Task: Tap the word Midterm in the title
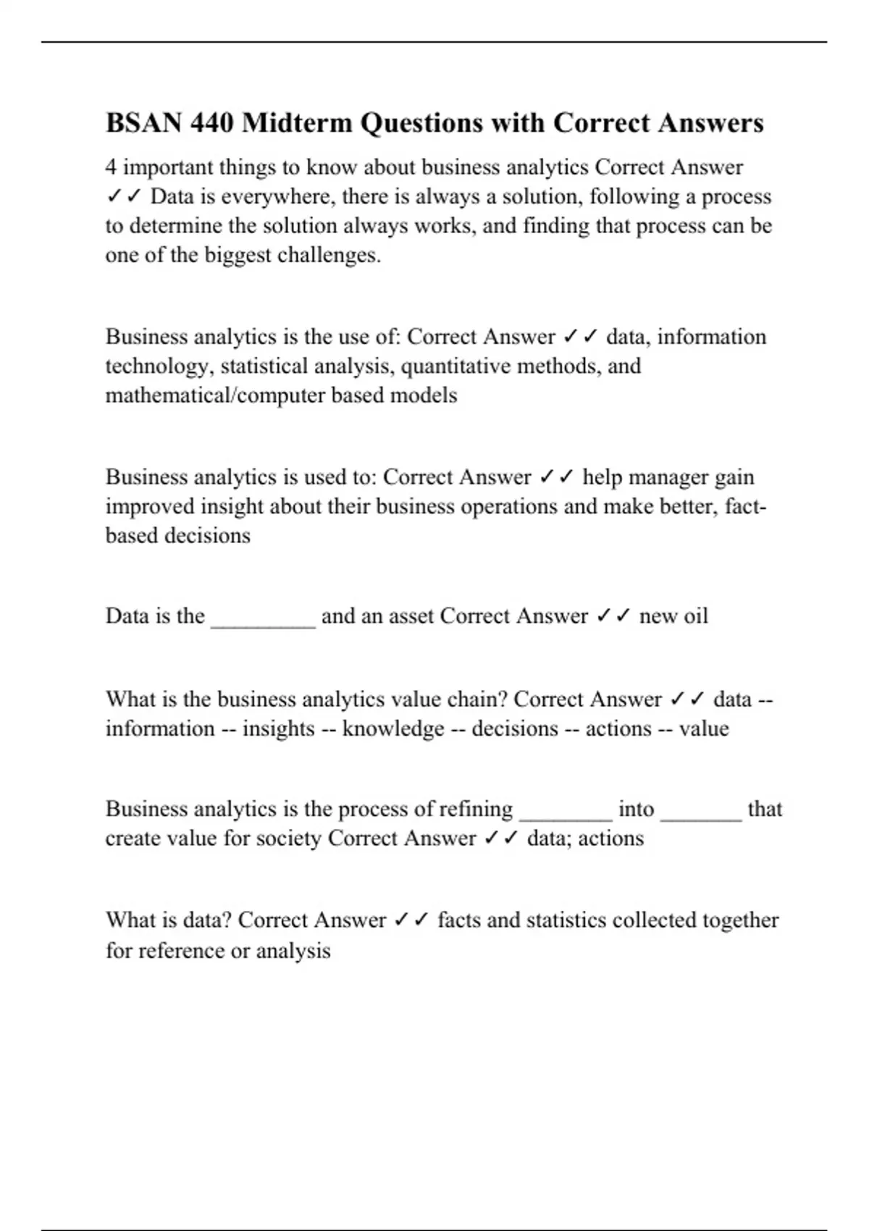(x=297, y=123)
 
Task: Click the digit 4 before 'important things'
(x=111, y=167)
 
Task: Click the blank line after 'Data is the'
(x=263, y=618)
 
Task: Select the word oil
(x=696, y=616)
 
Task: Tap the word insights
(x=279, y=728)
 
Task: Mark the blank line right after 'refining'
(x=566, y=810)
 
